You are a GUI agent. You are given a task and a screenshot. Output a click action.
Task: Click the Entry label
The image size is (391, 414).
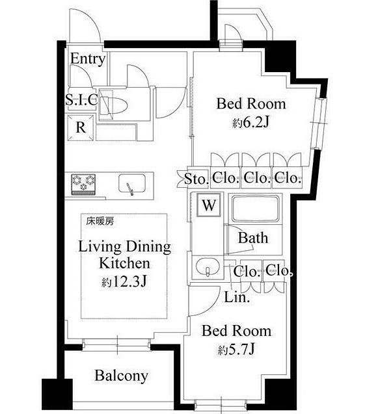click(88, 59)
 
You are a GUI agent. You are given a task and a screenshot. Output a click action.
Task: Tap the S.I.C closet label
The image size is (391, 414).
click(81, 99)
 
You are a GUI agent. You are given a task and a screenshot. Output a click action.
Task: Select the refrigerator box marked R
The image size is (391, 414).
click(81, 127)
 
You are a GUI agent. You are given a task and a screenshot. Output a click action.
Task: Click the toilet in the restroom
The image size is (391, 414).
click(113, 105)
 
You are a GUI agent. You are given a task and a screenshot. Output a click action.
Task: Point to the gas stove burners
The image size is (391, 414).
click(83, 185)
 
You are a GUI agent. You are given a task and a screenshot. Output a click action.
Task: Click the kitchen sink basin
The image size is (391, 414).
click(132, 183)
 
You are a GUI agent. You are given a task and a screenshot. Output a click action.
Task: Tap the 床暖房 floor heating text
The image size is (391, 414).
click(100, 221)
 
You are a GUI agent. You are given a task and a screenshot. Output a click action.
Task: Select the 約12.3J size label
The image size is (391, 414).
click(124, 282)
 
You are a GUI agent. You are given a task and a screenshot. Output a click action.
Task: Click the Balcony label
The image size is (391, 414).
click(122, 376)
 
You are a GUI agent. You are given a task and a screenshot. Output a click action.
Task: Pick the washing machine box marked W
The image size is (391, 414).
click(209, 205)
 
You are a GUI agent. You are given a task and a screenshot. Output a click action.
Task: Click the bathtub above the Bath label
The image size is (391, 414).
click(256, 209)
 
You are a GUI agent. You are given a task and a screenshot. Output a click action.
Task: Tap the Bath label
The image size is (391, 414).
click(253, 238)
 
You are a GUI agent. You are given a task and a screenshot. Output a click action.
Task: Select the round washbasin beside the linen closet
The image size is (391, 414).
click(208, 266)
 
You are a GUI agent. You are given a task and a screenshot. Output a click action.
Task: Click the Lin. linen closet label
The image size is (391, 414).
click(237, 297)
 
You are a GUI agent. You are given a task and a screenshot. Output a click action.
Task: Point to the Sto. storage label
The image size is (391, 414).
click(196, 179)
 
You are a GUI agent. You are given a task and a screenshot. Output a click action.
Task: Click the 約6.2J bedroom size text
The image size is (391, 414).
click(251, 122)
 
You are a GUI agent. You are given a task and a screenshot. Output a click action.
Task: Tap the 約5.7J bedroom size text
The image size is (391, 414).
click(236, 350)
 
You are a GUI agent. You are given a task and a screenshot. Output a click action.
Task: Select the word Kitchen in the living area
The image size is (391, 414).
click(124, 263)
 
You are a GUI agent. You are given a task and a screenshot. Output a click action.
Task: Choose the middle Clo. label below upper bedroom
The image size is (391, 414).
click(256, 178)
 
